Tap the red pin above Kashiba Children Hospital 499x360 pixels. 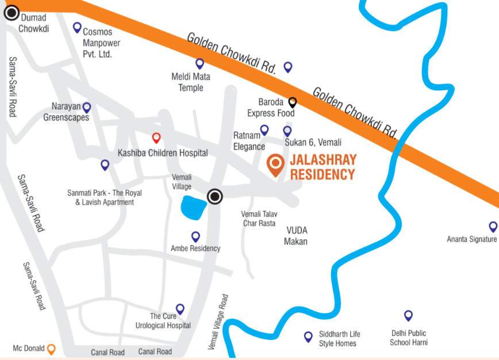(156, 138)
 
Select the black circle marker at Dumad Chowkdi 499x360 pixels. (11, 12)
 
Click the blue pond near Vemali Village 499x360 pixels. (193, 208)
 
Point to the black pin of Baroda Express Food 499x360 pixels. (292, 102)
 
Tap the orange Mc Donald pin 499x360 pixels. (51, 348)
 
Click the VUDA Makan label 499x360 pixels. (295, 236)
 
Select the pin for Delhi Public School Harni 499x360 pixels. (408, 315)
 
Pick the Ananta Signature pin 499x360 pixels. (493, 227)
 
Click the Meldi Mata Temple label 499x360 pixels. (191, 82)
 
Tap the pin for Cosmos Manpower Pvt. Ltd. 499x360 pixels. (77, 27)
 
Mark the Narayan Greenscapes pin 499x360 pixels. (87, 107)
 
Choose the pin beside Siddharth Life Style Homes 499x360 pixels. (308, 336)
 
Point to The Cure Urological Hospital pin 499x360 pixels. (180, 309)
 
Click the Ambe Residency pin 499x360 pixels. (195, 236)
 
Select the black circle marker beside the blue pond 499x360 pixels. (215, 197)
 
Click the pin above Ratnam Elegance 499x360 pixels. (264, 130)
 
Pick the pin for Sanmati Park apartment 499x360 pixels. (105, 165)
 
